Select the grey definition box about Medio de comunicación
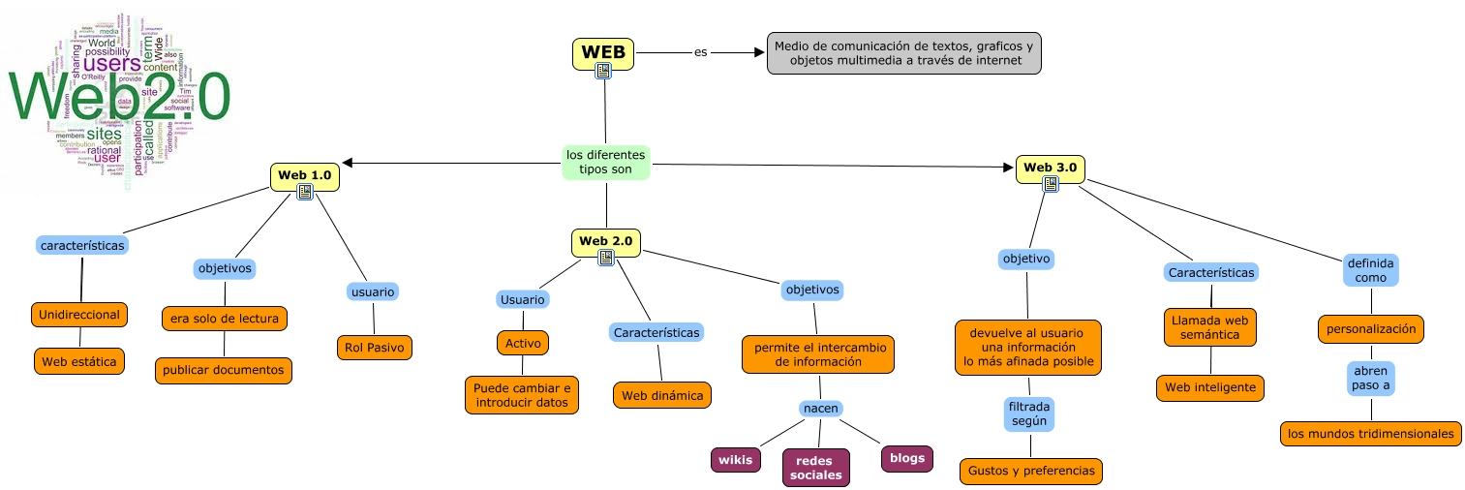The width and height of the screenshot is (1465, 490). [904, 53]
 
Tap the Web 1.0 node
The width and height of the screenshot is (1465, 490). [304, 175]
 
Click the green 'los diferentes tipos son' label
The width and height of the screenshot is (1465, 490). [605, 162]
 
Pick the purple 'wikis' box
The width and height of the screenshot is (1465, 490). [735, 459]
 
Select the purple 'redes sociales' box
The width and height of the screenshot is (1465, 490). [815, 467]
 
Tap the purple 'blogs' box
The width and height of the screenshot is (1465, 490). [906, 458]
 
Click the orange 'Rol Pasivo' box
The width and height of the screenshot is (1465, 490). [374, 347]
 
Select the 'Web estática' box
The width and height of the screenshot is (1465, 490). [79, 361]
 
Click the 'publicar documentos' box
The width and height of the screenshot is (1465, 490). [223, 369]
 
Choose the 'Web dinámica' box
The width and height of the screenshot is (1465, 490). [662, 395]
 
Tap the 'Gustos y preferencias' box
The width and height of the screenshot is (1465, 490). [1030, 471]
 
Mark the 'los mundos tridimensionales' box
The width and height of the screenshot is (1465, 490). [1369, 433]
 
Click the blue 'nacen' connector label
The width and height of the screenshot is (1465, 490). [820, 408]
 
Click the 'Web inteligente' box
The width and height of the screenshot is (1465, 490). [1209, 387]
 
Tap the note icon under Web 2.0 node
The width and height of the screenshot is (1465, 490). [606, 257]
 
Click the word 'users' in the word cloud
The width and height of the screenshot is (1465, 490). [118, 63]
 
